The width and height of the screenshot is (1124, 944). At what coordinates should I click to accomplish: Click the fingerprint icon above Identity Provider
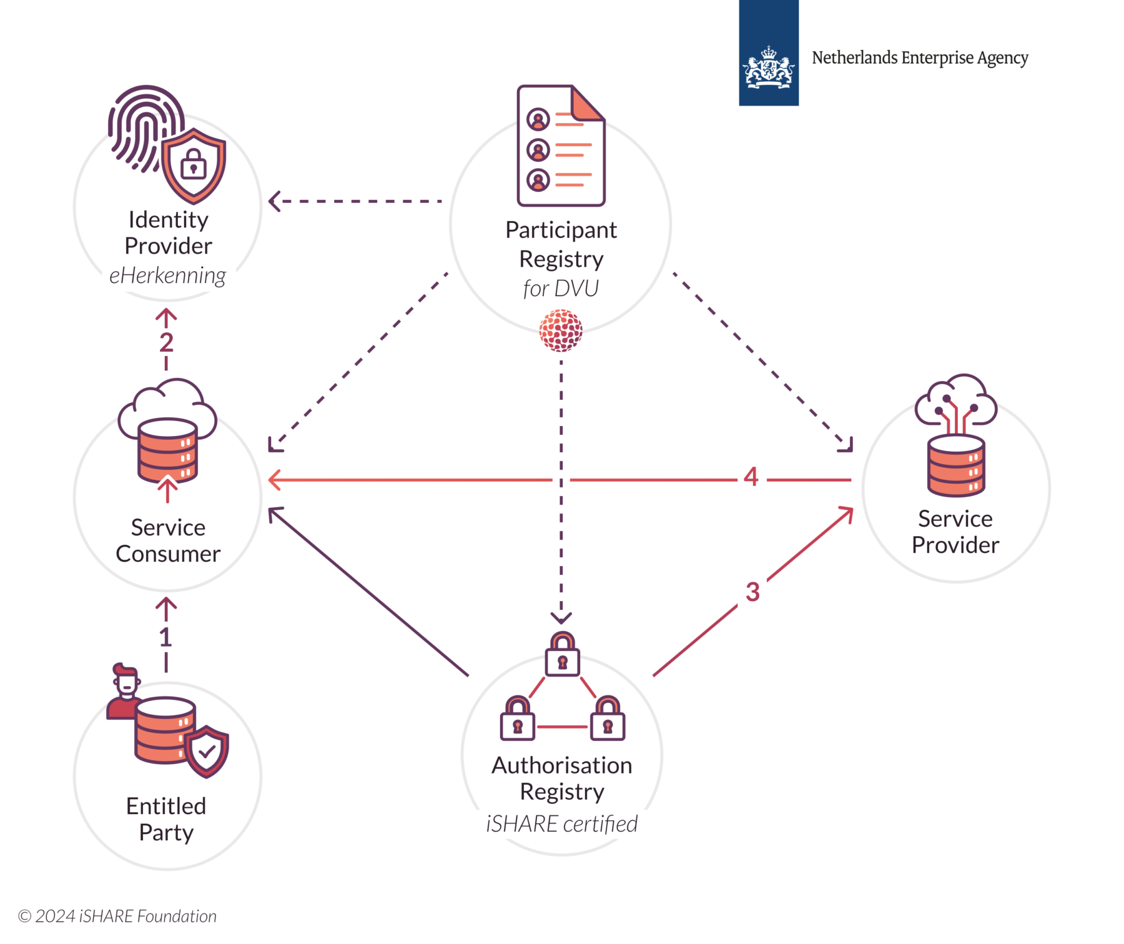click(x=140, y=125)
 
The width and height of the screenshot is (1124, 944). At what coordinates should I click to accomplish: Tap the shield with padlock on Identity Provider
click(x=194, y=166)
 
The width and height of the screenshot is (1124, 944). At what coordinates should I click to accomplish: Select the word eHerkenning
click(x=167, y=276)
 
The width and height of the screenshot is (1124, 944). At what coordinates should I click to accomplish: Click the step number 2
click(x=166, y=342)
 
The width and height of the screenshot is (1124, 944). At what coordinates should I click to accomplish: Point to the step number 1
click(x=165, y=637)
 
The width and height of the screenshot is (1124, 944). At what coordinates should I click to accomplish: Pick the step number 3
click(x=752, y=592)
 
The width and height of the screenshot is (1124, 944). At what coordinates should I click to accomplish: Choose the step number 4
click(x=751, y=477)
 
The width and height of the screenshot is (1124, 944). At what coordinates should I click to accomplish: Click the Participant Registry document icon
click(x=560, y=146)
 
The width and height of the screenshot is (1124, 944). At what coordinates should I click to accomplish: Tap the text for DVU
click(x=561, y=289)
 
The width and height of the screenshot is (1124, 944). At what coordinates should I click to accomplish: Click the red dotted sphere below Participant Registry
click(x=561, y=330)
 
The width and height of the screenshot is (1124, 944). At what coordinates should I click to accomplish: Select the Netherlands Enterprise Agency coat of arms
click(x=769, y=66)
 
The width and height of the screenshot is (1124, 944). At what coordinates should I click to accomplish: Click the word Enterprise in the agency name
click(x=937, y=58)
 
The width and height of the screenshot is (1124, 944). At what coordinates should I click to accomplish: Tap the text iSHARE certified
click(x=561, y=824)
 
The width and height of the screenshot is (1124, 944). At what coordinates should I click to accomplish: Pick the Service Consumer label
click(x=168, y=540)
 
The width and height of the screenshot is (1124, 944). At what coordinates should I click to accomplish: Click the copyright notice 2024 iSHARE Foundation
click(x=117, y=916)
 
